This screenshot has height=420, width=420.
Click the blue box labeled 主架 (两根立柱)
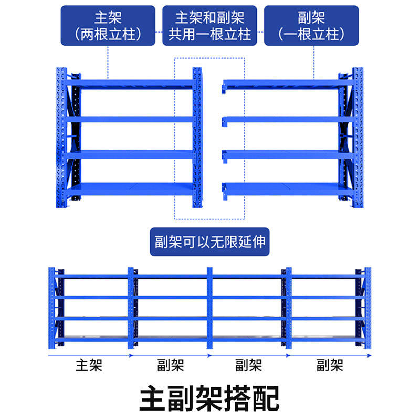[x=108, y=26]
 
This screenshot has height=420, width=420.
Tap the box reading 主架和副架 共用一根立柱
[x=209, y=26]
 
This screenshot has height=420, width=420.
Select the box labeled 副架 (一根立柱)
[x=312, y=26]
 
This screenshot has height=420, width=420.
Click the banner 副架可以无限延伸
[x=209, y=242]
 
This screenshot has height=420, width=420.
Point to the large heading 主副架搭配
[x=209, y=399]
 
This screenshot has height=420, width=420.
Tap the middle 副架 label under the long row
[x=249, y=365]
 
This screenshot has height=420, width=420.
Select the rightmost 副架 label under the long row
[x=330, y=365]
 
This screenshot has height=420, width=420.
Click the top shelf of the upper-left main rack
[x=131, y=83]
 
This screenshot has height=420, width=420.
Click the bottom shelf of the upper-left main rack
[x=131, y=189]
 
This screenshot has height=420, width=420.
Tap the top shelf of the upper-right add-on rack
[x=283, y=83]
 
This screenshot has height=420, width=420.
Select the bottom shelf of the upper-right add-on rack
[x=283, y=189]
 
